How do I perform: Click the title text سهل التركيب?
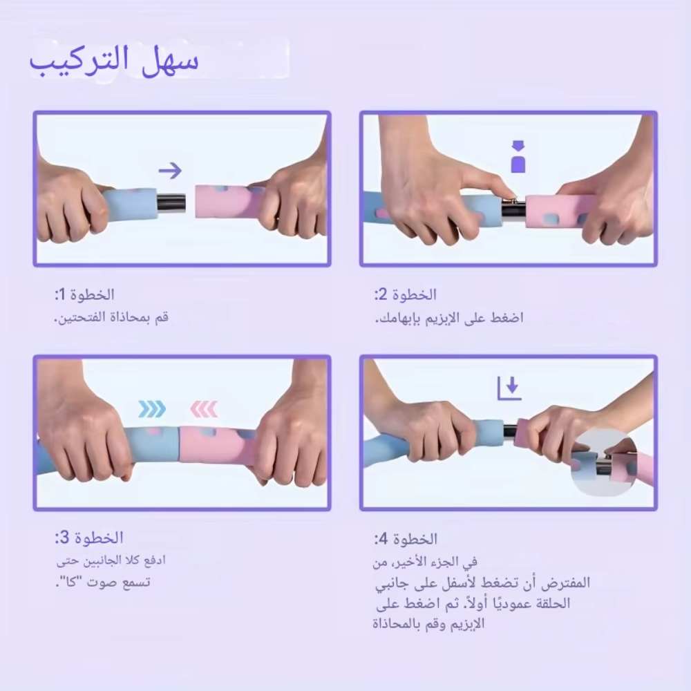pyautogui.click(x=114, y=60)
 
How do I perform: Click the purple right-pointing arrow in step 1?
pyautogui.click(x=169, y=170)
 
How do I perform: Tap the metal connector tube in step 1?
pyautogui.click(x=172, y=202)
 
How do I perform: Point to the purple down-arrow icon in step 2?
pyautogui.click(x=518, y=157)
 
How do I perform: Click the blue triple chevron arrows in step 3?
pyautogui.click(x=152, y=409)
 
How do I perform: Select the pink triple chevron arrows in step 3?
pyautogui.click(x=204, y=409)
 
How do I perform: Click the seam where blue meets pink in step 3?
pyautogui.click(x=179, y=445)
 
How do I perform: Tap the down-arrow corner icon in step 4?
pyautogui.click(x=509, y=388)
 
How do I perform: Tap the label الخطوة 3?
pyautogui.click(x=89, y=538)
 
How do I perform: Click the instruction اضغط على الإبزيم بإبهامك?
pyautogui.click(x=449, y=318)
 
